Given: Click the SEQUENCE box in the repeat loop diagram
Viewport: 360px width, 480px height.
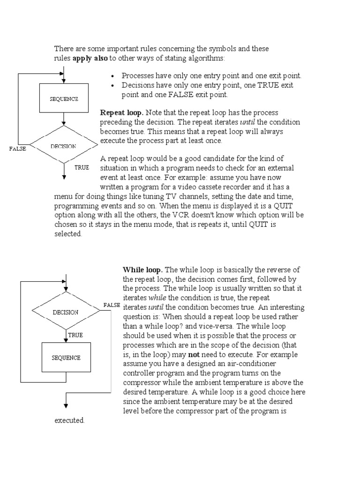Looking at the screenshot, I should (64, 98).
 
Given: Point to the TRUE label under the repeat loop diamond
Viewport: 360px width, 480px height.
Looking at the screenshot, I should (82, 167).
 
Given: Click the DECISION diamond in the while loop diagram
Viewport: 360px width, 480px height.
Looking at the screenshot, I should (66, 311).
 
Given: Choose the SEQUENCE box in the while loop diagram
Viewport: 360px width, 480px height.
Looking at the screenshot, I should (66, 357).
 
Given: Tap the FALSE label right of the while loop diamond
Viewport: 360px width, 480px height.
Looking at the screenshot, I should (112, 305).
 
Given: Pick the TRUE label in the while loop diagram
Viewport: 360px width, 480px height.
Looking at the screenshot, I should (75, 335).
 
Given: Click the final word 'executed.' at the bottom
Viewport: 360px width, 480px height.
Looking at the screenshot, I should (69, 420).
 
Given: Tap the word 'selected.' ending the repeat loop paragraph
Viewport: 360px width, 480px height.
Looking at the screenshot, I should (68, 234).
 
